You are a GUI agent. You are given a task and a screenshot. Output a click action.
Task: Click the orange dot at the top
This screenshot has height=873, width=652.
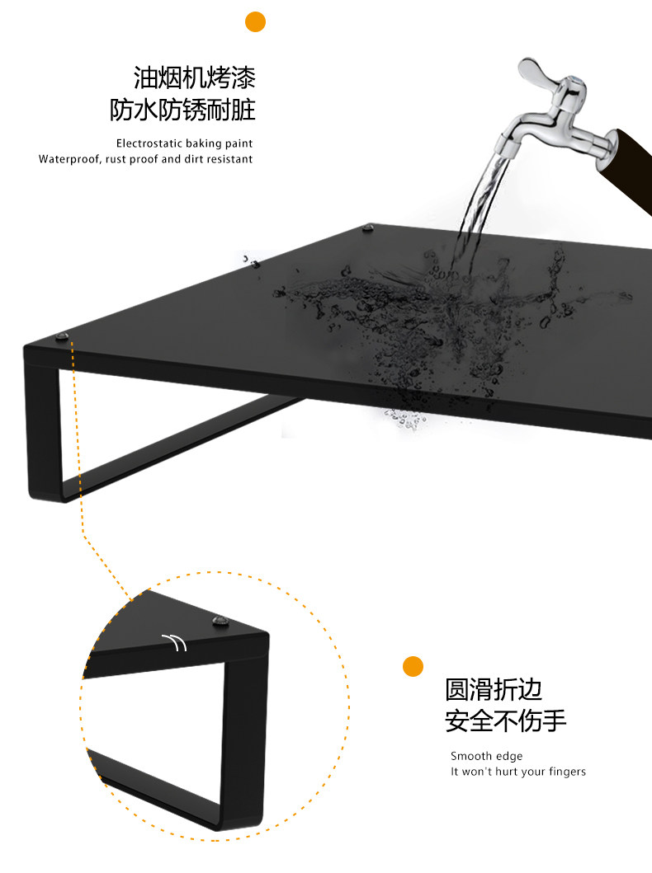(x=256, y=21)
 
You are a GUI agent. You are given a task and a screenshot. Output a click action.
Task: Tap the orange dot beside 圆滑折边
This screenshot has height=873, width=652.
(x=413, y=666)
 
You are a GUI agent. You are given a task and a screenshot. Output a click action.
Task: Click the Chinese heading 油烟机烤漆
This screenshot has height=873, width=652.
(x=195, y=78)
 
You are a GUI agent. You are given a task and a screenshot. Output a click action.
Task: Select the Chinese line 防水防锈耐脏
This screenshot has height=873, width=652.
(x=183, y=110)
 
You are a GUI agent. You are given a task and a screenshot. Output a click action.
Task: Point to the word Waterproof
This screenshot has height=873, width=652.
(x=69, y=159)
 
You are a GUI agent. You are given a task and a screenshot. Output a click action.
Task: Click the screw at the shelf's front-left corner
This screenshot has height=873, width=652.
(x=62, y=336)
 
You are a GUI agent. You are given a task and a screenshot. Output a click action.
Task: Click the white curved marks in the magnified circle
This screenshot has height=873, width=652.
(x=176, y=641)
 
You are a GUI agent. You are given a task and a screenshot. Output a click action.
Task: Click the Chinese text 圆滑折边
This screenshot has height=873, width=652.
(x=494, y=689)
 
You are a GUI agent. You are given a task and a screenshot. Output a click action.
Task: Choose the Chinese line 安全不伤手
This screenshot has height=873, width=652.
(x=506, y=720)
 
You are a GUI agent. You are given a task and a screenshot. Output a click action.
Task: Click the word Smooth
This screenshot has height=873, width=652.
(x=470, y=756)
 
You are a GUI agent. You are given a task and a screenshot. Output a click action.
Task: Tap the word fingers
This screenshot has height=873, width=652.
(x=565, y=772)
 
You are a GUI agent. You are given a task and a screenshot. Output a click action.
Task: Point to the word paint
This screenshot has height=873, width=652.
(x=239, y=143)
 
